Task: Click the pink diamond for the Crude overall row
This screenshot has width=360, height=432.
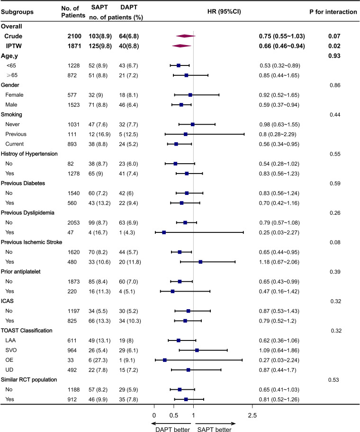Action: pyautogui.click(x=185, y=36)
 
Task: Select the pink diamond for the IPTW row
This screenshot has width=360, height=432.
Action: pyautogui.click(x=181, y=46)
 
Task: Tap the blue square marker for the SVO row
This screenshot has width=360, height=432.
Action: pyautogui.click(x=197, y=350)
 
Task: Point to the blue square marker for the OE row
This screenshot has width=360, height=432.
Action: pyautogui.click(x=164, y=360)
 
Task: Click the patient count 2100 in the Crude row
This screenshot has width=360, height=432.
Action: pyautogui.click(x=69, y=36)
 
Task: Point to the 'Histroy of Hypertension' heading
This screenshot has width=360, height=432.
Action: pyautogui.click(x=31, y=154)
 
